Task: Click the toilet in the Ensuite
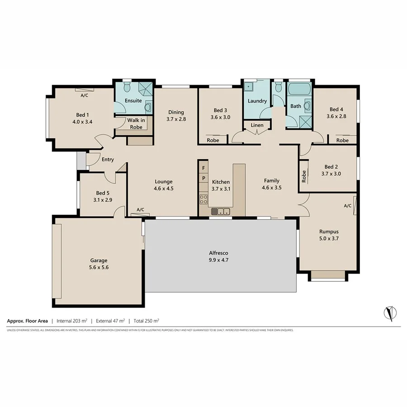click(127, 87)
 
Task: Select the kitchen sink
click(221, 211)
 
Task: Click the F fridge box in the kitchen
click(203, 168)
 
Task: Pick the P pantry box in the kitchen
click(203, 179)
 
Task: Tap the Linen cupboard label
click(257, 125)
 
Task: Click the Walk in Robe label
click(136, 123)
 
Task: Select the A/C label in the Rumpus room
click(347, 206)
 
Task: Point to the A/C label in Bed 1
click(84, 96)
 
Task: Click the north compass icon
click(390, 312)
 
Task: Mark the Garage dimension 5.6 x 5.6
click(99, 267)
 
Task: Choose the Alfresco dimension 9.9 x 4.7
click(220, 260)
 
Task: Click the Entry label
click(108, 160)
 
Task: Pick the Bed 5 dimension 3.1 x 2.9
click(103, 199)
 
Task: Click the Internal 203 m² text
click(72, 321)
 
